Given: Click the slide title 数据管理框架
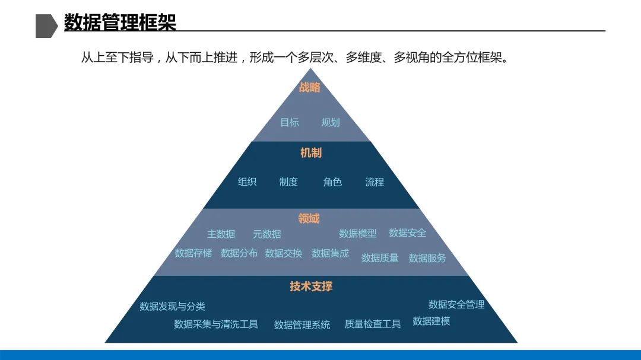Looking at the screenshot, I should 120,23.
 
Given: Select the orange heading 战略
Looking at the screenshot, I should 309,88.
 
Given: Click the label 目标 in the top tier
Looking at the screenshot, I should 290,122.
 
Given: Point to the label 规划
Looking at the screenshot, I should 331,122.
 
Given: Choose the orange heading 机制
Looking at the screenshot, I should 311,153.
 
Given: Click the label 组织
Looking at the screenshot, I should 247,182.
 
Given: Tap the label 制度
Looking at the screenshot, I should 288,182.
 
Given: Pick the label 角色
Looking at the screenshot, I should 332,182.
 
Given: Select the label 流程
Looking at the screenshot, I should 375,182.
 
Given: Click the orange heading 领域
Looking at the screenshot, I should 309,219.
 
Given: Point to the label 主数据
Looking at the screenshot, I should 221,234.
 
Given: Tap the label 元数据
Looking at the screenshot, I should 267,234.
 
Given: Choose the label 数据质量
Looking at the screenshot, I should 380,258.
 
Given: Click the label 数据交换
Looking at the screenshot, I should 284,253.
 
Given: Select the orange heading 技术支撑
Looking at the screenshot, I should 311,286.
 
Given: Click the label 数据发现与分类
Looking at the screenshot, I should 172,307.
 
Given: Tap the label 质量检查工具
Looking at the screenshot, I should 373,324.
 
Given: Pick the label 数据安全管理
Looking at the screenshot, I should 456,304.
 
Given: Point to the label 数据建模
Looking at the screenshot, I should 431,321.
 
